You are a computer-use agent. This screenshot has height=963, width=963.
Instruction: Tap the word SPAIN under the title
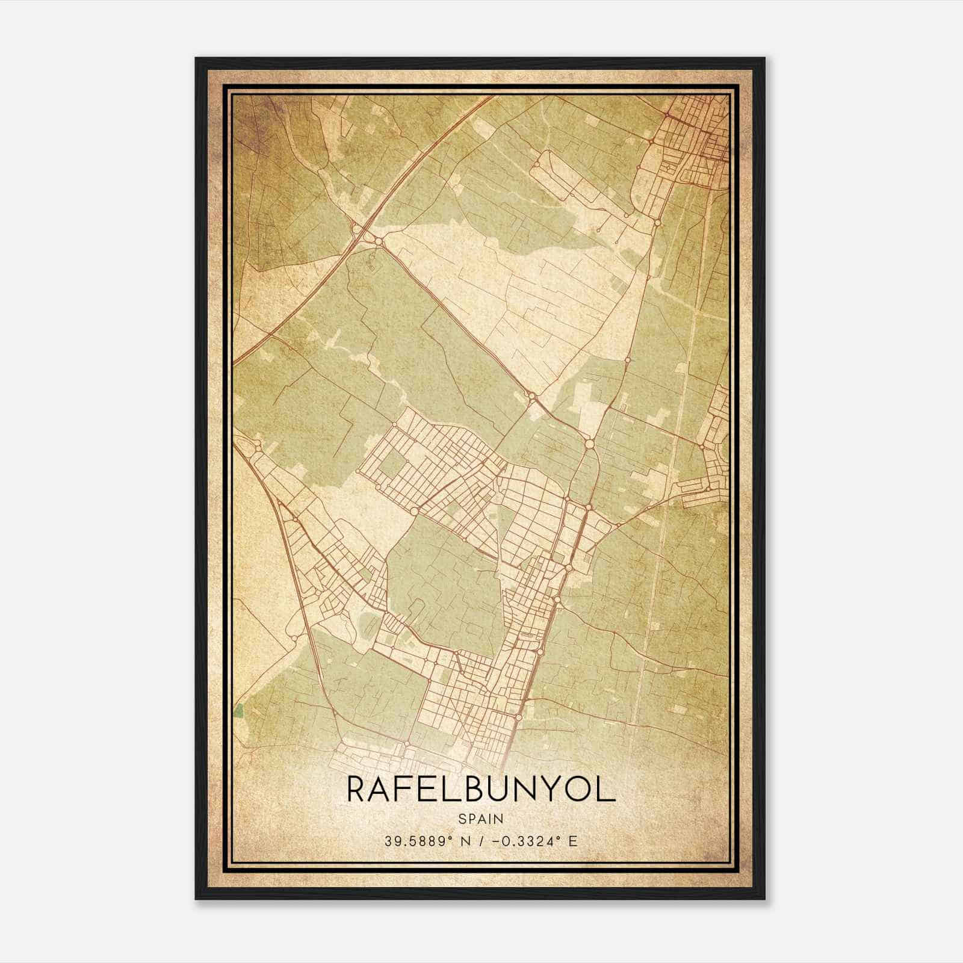pos(481,819)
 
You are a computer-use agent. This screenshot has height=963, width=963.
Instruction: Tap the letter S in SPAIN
pos(462,819)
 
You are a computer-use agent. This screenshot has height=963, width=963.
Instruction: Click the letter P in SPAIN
pos(471,819)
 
